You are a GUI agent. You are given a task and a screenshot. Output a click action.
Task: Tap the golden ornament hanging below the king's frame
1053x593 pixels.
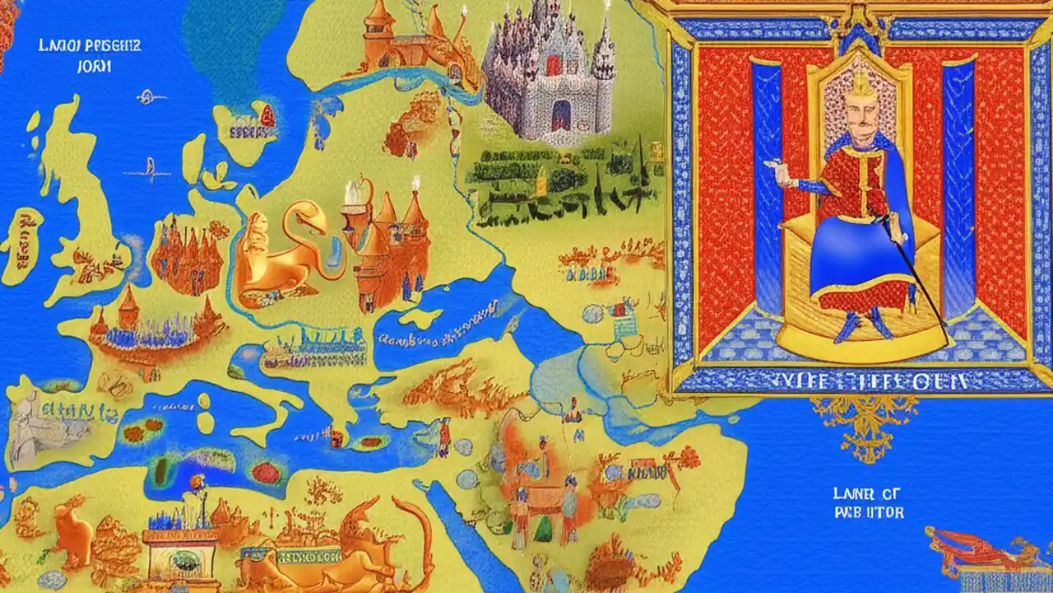point(864,424)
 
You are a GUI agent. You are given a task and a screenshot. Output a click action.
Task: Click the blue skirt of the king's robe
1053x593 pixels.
point(856,264)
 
